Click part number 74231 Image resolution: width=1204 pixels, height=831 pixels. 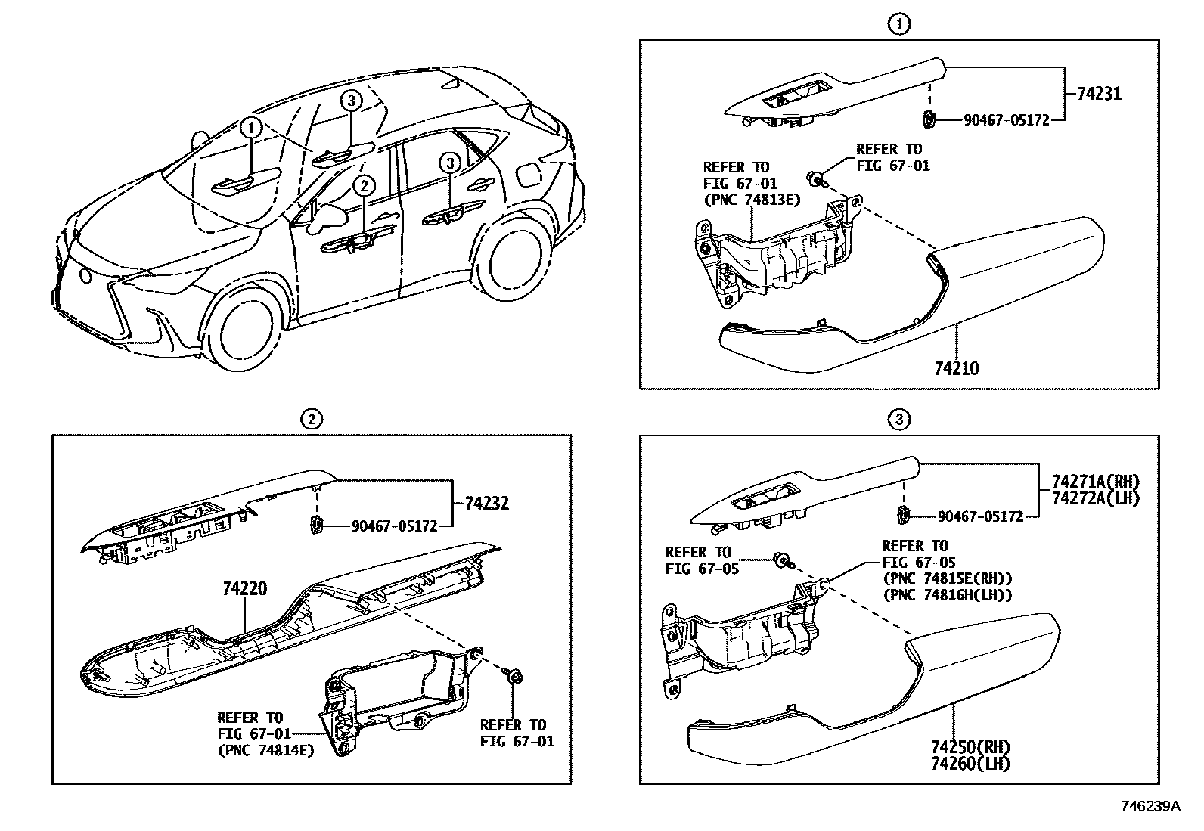[x=1094, y=94]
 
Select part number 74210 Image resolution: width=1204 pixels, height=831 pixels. [x=956, y=369]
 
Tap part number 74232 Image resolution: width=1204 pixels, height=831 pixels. [x=486, y=504]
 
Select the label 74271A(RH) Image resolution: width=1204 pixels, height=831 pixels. [x=1094, y=481]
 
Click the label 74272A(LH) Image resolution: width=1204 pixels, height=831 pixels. [x=1094, y=498]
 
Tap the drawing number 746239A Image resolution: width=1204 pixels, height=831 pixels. [x=1150, y=806]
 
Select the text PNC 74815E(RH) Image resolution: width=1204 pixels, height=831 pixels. [x=948, y=578]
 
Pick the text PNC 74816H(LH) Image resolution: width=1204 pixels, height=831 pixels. [x=948, y=595]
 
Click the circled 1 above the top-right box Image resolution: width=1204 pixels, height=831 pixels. [x=898, y=25]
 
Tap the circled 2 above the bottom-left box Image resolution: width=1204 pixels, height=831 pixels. [x=310, y=418]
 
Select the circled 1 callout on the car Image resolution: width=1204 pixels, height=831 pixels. [x=252, y=128]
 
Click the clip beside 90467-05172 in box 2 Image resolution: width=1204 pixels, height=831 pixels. [x=318, y=523]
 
